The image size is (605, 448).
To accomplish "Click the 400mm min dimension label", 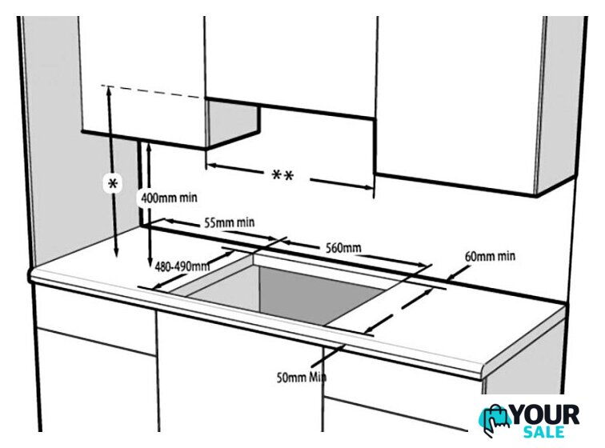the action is [169, 198].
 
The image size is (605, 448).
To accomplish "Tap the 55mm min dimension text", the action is [229, 222].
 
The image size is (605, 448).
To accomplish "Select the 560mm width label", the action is [343, 248].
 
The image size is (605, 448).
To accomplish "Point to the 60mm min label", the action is [490, 256].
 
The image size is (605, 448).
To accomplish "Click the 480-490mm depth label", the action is [182, 266].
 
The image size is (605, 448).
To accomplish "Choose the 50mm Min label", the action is [302, 377].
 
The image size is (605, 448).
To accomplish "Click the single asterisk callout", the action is [113, 184].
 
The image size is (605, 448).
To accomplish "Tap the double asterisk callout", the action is [282, 176].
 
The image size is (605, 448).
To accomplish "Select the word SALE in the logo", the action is [543, 432].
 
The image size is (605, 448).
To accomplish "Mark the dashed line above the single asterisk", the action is [152, 91].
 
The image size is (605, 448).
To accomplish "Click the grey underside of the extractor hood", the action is [232, 122].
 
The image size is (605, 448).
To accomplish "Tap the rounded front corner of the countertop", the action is [483, 370].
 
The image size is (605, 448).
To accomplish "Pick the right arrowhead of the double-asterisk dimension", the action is [369, 187].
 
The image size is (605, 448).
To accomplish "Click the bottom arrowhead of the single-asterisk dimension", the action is [116, 253].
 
